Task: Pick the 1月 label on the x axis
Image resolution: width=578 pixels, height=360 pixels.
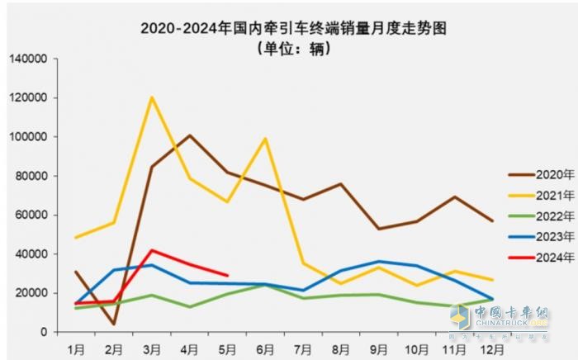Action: [75, 347]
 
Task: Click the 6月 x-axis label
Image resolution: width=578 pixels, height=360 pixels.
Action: [265, 347]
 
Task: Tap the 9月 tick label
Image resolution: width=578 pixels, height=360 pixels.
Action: [379, 347]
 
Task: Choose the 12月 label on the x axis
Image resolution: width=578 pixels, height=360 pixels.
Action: [493, 347]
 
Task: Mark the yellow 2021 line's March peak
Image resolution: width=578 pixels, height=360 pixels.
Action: [152, 97]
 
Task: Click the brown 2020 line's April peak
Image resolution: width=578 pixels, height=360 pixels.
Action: [189, 135]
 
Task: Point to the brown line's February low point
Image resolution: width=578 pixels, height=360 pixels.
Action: [113, 324]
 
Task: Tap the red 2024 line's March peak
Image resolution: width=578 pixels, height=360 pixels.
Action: [151, 249]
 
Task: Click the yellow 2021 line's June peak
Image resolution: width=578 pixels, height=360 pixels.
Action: [266, 138]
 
